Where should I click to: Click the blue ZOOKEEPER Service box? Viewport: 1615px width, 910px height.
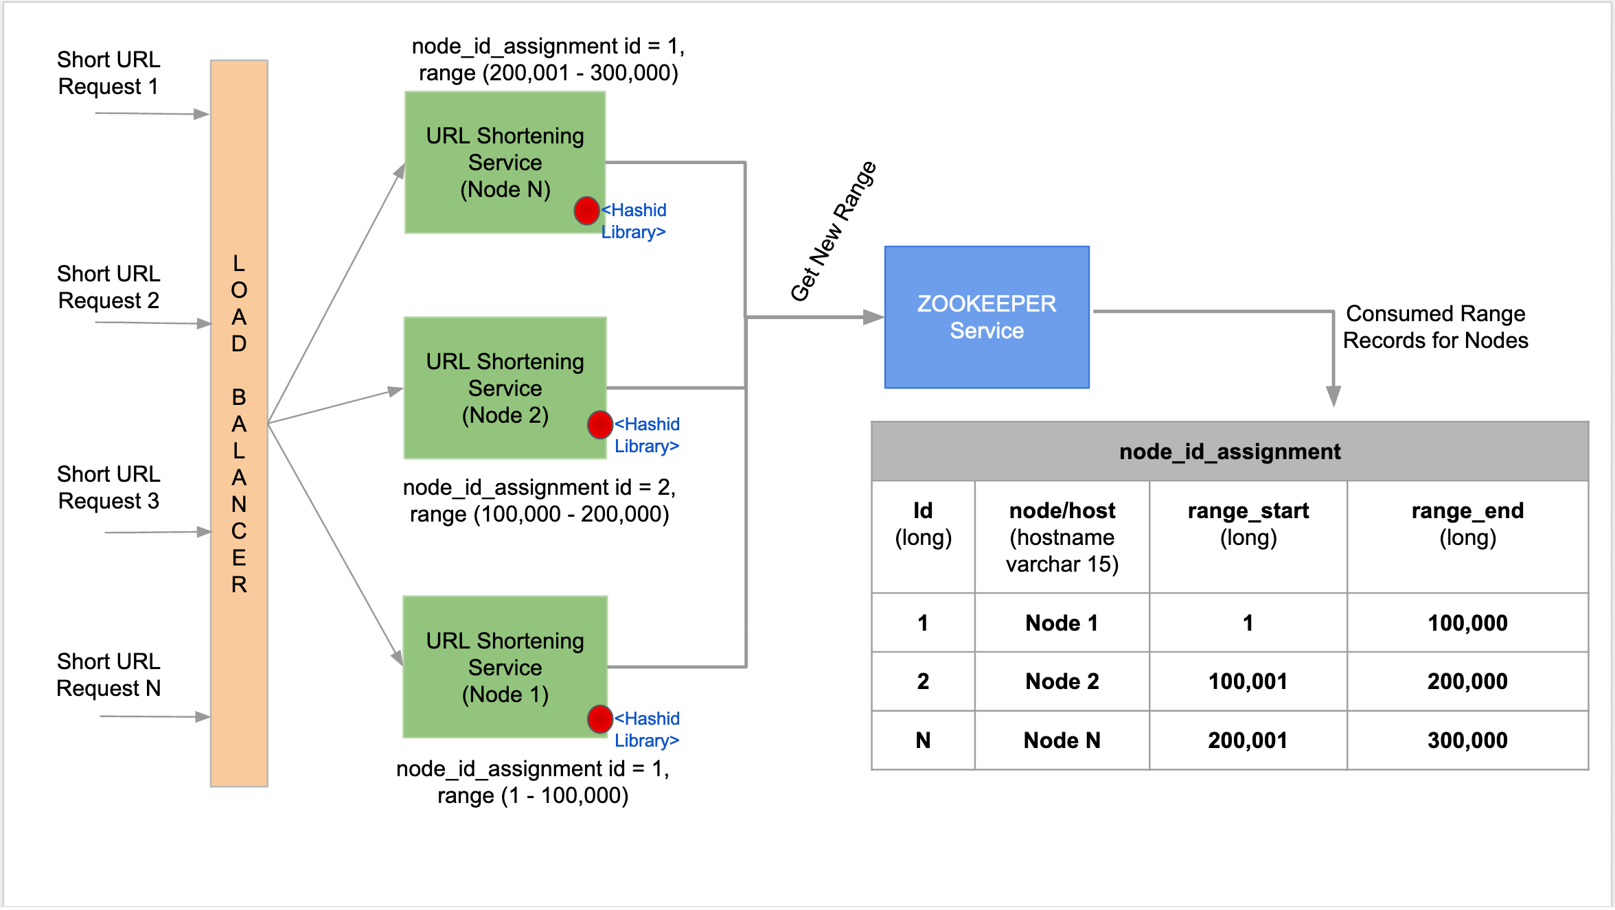987,317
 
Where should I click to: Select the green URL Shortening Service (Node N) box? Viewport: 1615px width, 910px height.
505,163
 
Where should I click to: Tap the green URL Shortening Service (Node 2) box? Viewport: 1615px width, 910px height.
505,388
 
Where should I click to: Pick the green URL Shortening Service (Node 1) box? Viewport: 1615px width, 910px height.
505,666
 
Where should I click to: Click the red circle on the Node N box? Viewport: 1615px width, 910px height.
586,211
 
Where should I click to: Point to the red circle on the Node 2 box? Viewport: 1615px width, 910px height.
599,425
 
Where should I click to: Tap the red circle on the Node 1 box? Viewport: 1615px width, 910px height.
599,719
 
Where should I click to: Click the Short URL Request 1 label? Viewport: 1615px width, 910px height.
108,73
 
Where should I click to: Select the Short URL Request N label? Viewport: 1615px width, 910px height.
108,675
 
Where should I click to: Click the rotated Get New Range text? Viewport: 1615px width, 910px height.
833,232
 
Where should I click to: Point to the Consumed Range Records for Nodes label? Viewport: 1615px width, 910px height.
1435,327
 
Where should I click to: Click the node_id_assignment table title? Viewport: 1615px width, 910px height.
1229,452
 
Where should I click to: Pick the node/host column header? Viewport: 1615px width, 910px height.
1062,537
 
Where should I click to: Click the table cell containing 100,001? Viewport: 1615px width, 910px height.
1248,681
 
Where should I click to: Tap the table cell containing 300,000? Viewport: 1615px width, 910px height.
1467,740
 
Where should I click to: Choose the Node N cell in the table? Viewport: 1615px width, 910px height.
1062,740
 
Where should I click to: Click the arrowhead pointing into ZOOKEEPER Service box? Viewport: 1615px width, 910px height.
873,317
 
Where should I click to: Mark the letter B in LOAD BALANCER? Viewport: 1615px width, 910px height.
239,397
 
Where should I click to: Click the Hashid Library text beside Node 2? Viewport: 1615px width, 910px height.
646,435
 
